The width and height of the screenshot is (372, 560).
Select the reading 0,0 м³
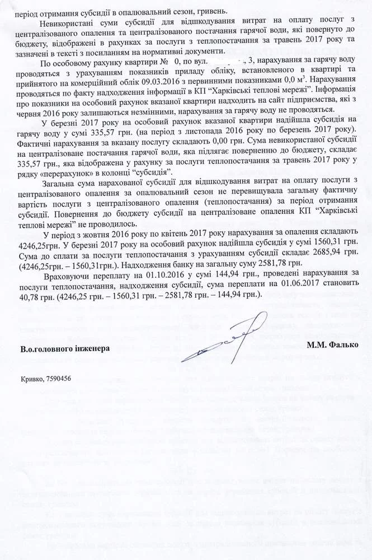(x=290, y=80)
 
